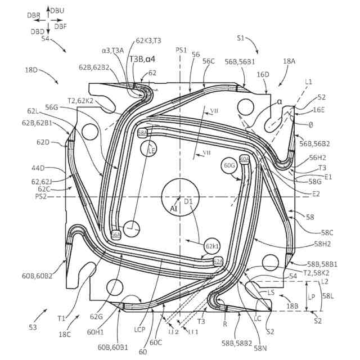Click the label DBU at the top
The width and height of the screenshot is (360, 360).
[x=57, y=11]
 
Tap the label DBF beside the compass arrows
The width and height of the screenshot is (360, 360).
[x=61, y=26]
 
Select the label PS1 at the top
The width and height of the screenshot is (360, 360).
[x=181, y=50]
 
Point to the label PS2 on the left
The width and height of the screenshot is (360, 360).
[x=41, y=196]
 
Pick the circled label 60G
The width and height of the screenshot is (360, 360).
[x=229, y=166]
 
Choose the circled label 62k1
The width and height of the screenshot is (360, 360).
[x=212, y=246]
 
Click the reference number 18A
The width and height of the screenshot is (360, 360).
[x=289, y=61]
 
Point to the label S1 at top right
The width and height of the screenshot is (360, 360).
[x=241, y=38]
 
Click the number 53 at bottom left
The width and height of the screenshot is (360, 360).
[x=33, y=326]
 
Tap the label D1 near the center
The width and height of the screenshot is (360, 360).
[x=188, y=201]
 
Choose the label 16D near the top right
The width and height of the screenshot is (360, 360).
[x=263, y=74]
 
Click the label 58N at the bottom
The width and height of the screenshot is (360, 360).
[x=260, y=348]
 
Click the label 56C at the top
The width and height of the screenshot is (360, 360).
[x=209, y=61]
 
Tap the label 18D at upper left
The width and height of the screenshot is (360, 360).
[x=32, y=70]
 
